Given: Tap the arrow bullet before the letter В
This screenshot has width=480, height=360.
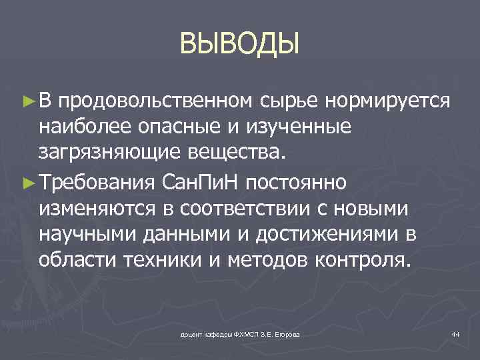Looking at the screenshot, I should (x=27, y=101).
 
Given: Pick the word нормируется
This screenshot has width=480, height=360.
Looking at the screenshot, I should (x=388, y=101).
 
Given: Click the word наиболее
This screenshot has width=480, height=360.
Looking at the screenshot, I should (x=81, y=127).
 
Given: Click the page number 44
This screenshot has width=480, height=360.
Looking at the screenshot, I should (x=455, y=333).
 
